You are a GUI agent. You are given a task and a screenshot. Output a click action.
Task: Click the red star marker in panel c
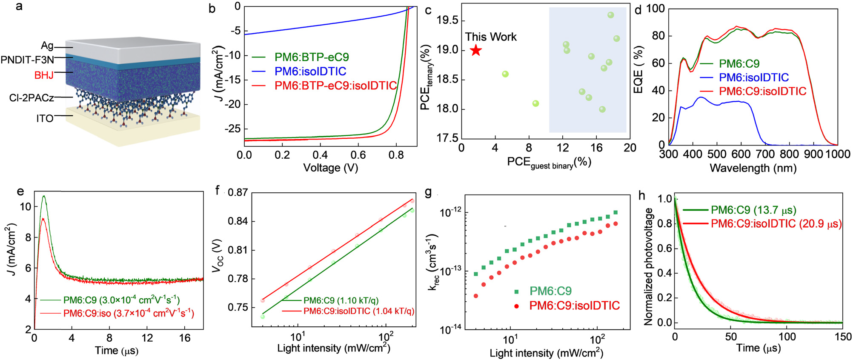pos(476,51)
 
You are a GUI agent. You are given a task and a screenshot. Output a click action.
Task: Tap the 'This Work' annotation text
pos(490,37)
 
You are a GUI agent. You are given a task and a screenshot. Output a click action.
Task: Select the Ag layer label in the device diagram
pos(47,46)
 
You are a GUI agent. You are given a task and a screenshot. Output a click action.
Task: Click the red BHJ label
pos(44,75)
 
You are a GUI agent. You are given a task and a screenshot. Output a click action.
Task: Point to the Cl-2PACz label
pos(31,98)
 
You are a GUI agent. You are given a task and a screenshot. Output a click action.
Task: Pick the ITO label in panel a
pos(45,118)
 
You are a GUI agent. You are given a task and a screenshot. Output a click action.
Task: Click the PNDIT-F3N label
pos(27,60)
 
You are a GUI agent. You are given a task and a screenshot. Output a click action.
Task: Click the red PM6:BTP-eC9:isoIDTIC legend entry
pos(335,86)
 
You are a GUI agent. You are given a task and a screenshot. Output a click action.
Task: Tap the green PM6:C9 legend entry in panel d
pos(739,64)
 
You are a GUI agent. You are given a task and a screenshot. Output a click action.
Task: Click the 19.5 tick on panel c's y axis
pos(447,20)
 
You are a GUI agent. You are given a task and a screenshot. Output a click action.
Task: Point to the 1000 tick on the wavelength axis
pos(838,154)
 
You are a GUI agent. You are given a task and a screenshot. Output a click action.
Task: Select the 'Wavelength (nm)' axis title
pos(753,168)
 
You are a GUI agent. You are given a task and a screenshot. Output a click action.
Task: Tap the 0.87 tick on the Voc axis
pos(238,192)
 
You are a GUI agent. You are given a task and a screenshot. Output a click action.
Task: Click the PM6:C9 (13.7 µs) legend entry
pos(753,210)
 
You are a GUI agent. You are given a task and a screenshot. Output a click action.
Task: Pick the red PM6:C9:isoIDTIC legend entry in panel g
pos(574,306)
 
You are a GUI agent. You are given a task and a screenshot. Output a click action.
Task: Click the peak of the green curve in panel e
pos(43,196)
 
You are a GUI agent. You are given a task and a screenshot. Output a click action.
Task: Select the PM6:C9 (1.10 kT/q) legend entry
pos(341,300)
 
